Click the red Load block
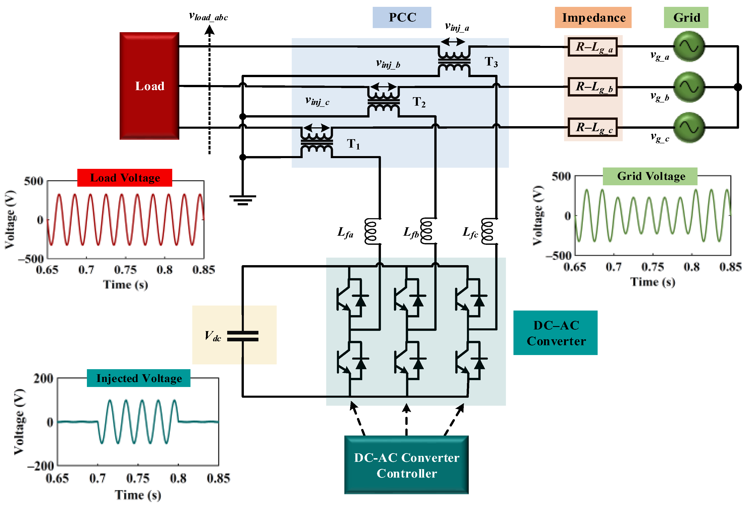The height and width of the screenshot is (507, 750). point(149,86)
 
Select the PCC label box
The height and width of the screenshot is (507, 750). point(402,17)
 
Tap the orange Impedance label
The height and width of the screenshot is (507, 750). point(593,17)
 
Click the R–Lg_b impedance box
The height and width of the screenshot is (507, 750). point(593,87)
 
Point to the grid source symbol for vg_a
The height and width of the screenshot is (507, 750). point(689,47)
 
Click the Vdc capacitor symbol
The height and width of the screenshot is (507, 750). point(243,336)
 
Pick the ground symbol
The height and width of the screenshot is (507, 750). point(243,200)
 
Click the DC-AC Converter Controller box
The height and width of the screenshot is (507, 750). point(406,465)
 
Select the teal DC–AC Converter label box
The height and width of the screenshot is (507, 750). point(555,333)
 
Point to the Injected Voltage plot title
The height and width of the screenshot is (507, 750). point(138,378)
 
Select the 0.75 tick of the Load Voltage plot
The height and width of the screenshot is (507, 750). point(125,269)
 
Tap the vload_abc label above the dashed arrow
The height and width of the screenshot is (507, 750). point(208,16)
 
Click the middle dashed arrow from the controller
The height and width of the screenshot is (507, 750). point(406,420)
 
